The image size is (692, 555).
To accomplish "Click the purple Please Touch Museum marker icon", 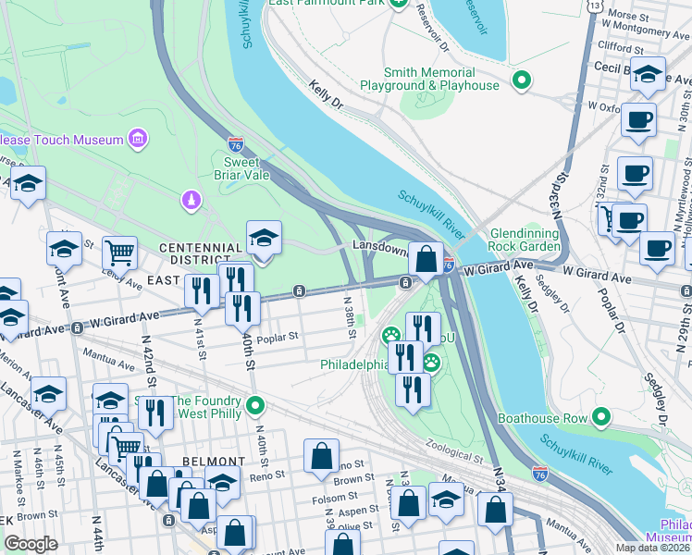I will pos(138,140).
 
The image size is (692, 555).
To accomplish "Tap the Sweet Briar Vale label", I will pos(241,169).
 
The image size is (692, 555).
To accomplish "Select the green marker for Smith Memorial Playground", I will pos(522,80).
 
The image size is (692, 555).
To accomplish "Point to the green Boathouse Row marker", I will pos(602,418).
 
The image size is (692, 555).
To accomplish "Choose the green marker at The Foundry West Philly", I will pos(258,405).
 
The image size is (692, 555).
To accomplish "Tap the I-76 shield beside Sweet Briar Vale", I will pos(236,144).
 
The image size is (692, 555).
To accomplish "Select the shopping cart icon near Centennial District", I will pos(119,252).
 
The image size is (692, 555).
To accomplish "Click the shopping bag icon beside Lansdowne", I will pos(426,260).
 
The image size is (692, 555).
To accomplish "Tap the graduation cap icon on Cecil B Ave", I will pos(649,75).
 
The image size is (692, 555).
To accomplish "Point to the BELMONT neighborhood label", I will pos(213,461).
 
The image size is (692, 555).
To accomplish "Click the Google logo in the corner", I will pos(31,544).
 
